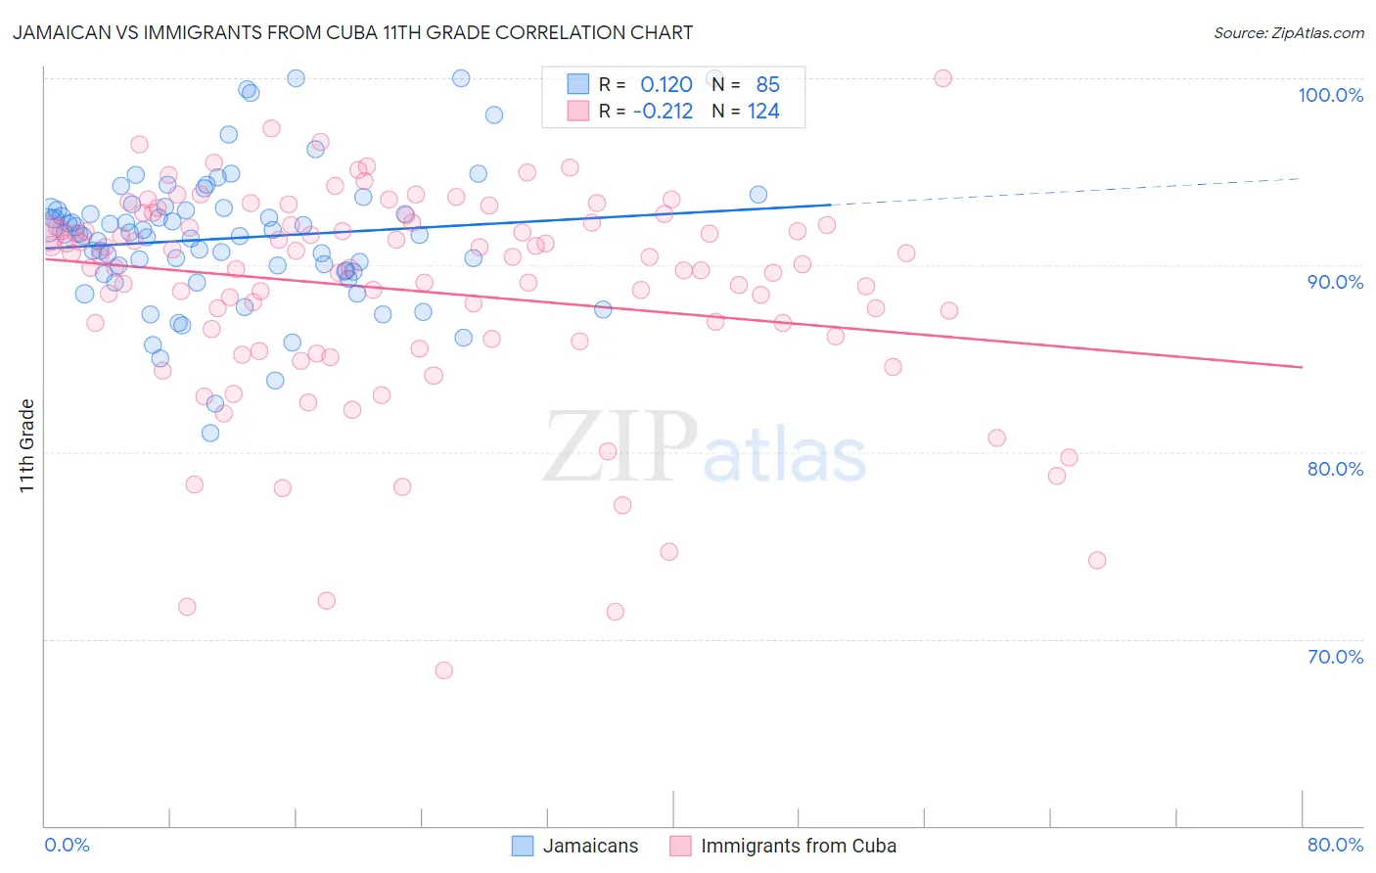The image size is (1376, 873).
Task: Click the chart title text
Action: point(352,32)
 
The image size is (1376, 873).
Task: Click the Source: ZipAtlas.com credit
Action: point(1288,32)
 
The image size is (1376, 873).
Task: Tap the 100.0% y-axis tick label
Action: point(1330,95)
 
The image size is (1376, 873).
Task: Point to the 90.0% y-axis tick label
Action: point(1335,282)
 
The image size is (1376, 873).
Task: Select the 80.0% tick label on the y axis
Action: point(1335,469)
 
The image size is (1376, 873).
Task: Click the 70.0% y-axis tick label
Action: point(1335,657)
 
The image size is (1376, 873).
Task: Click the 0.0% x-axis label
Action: point(67,845)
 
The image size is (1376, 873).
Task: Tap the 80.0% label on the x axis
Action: point(1335,845)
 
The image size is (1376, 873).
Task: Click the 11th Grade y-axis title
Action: point(27,445)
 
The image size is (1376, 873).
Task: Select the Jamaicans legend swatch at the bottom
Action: point(524,846)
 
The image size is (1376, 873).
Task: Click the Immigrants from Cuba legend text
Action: point(799,846)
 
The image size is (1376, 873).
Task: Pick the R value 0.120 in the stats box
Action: point(666,85)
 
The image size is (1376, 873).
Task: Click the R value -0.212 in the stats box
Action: point(663,112)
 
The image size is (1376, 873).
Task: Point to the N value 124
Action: point(763,112)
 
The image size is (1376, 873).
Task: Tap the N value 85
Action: point(767,85)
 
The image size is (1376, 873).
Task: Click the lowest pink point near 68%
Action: point(443,670)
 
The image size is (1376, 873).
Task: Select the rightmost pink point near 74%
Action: point(1097,561)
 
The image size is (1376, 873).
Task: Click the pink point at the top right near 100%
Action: point(943,78)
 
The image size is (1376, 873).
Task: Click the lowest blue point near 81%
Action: point(210,433)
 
